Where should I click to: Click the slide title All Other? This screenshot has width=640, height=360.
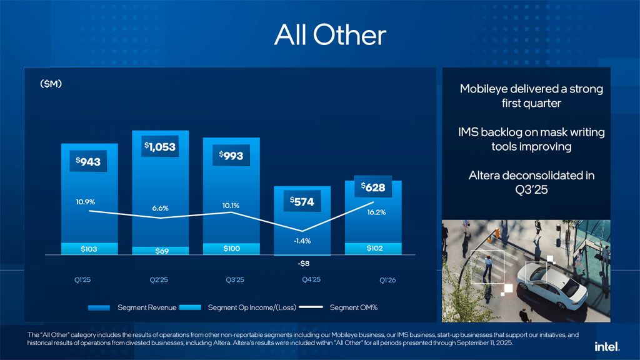(330, 36)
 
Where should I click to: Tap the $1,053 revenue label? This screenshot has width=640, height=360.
(160, 147)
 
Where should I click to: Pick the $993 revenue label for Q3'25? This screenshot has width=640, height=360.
(231, 156)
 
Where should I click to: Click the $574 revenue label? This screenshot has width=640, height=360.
(302, 201)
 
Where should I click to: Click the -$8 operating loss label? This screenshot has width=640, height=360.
(304, 264)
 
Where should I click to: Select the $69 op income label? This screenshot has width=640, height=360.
(160, 251)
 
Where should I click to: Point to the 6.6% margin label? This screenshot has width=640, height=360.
(160, 208)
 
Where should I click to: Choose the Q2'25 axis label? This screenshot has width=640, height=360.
(159, 280)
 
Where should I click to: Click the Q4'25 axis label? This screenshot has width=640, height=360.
(311, 279)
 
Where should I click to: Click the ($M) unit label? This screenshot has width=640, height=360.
(51, 84)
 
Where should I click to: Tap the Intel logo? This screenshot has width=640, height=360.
(607, 346)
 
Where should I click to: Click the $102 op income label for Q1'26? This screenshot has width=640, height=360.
(374, 248)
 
